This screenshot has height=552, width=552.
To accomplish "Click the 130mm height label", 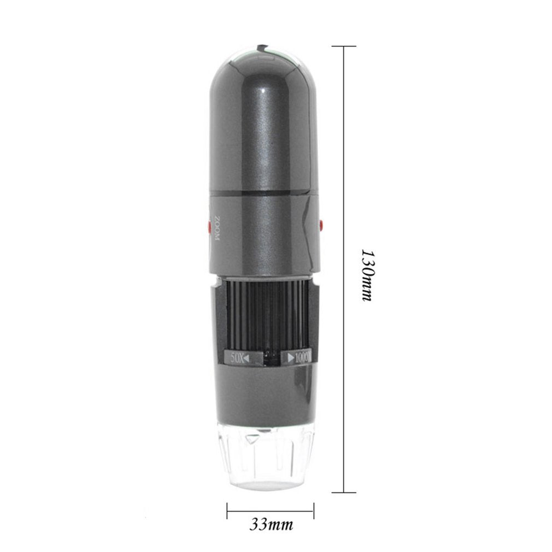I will click(367, 275).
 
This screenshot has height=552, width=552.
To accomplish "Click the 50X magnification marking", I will click(237, 358).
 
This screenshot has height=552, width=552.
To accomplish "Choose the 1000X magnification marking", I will click(302, 358).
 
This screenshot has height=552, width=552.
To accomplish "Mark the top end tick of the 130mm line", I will click(343, 46).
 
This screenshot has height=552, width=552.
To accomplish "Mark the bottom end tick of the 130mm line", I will click(343, 492).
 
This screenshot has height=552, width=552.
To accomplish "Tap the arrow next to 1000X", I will click(290, 359).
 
